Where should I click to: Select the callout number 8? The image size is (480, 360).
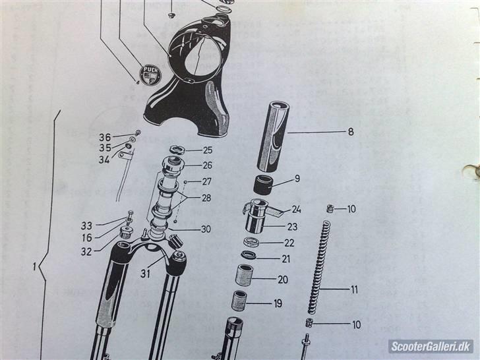coord(351,132)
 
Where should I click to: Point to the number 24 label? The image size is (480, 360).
coord(296,211)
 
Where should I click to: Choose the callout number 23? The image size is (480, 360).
coord(291,227)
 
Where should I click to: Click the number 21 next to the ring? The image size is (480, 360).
coord(285,258)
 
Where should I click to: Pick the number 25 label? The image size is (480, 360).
coord(207,150)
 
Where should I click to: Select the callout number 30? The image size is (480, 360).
coord(206,229)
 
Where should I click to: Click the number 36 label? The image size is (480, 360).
coord(105,137)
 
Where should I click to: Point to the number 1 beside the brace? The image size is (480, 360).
coord(34,268)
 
